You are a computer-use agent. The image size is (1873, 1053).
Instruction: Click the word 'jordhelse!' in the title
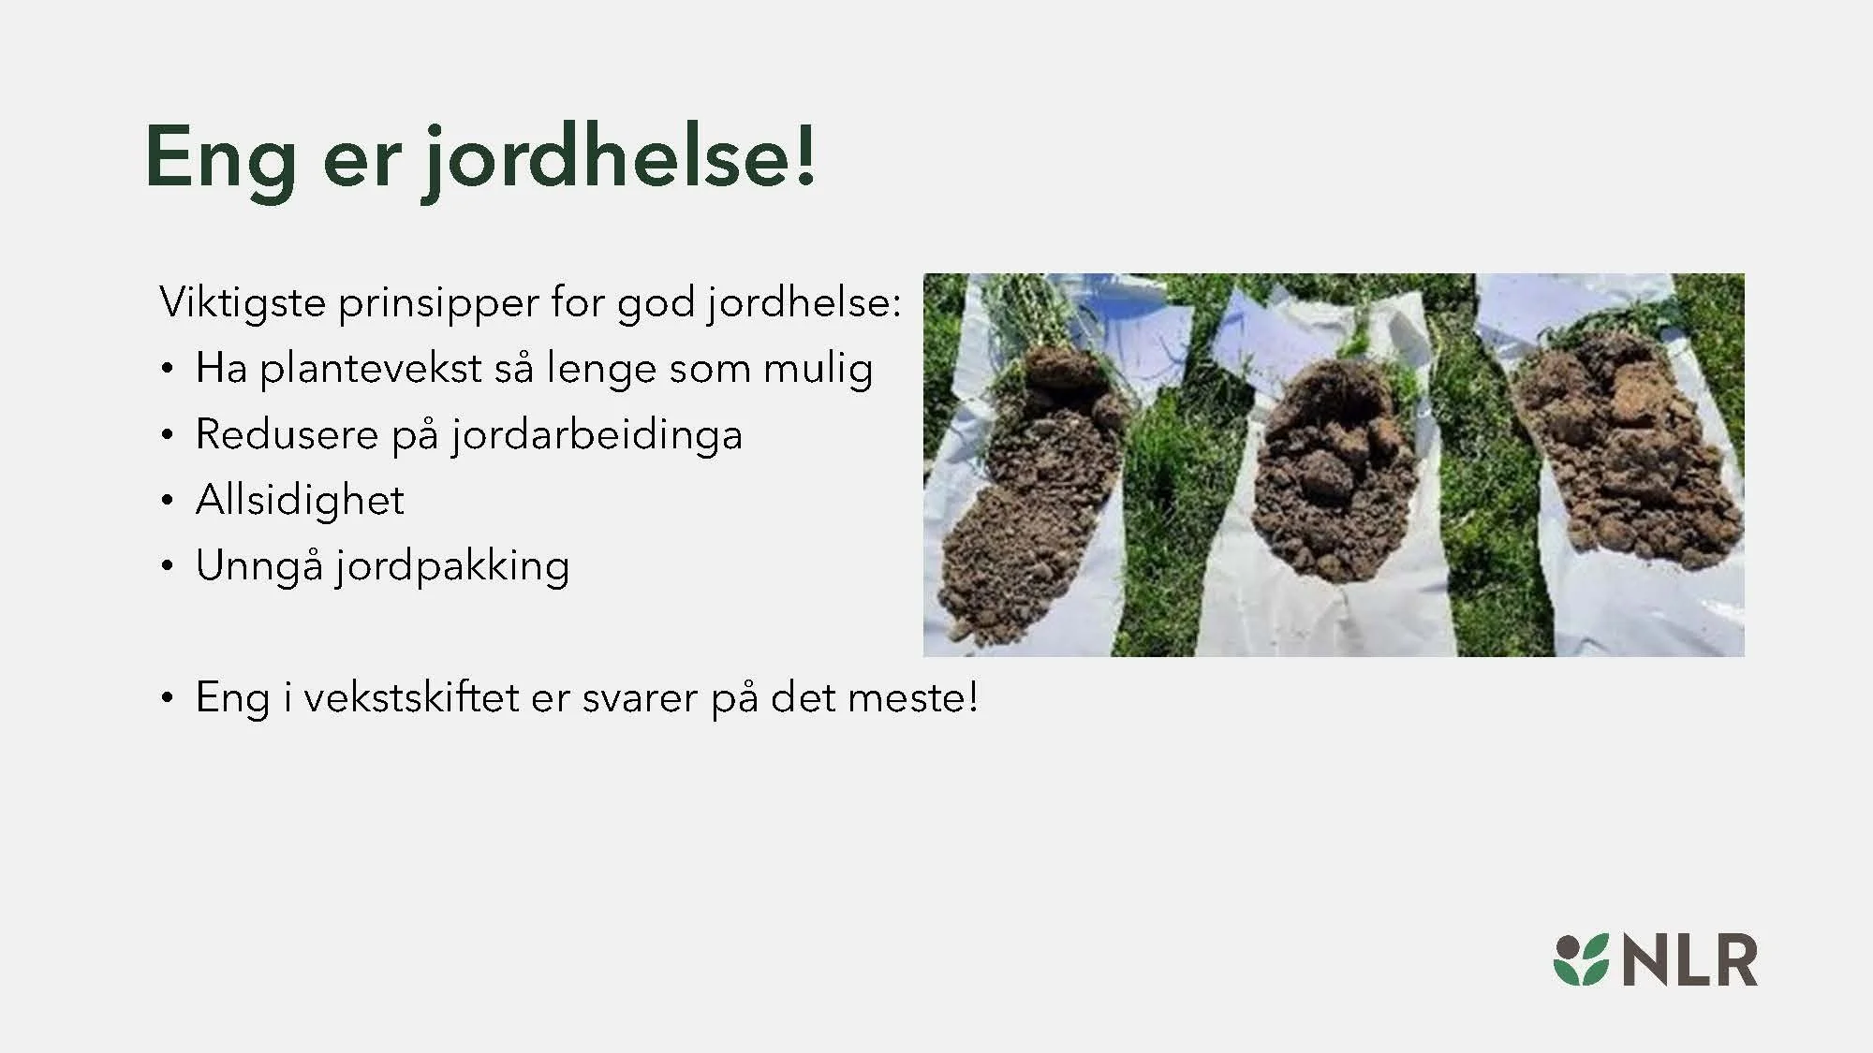[618, 157]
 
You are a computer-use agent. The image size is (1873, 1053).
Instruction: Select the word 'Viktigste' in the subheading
[243, 303]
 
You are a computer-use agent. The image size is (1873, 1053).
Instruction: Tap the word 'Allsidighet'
[300, 500]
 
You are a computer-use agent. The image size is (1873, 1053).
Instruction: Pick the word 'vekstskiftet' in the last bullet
[411, 698]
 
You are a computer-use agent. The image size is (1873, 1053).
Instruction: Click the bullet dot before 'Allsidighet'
[167, 501]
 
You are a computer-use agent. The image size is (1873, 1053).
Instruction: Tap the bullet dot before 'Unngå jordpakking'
[167, 566]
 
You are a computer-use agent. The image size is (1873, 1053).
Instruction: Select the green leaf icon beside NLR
[1581, 960]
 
